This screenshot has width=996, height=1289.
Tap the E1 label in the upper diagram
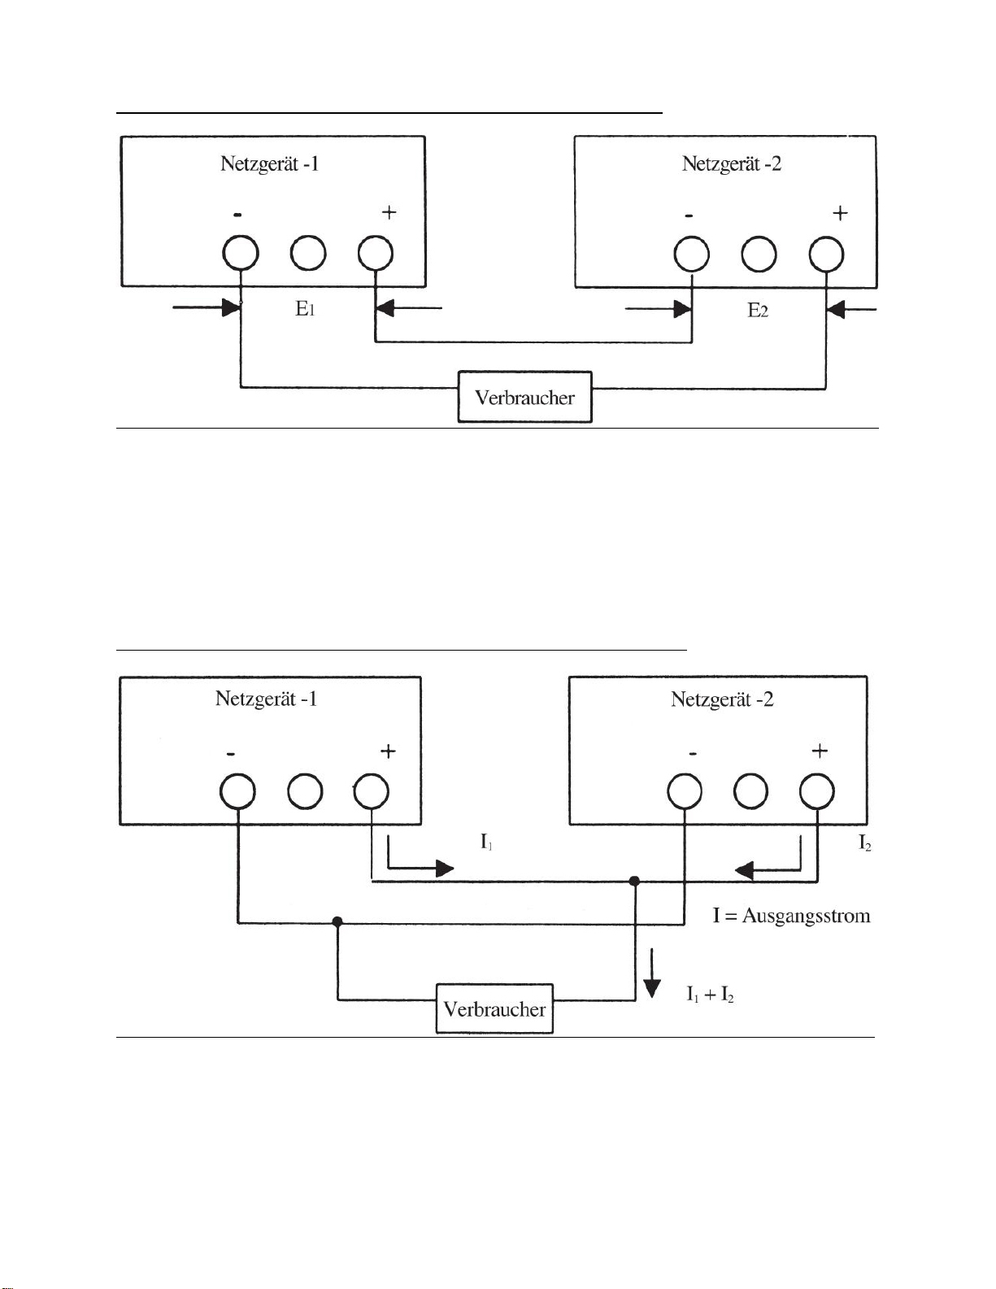[x=305, y=310]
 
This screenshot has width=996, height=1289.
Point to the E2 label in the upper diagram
[x=758, y=310]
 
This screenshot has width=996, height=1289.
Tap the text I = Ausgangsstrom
[x=791, y=916]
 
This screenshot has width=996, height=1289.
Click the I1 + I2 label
[x=711, y=995]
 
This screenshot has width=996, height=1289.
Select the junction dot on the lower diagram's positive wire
[x=634, y=881]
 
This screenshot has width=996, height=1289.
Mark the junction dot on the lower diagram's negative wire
[x=337, y=921]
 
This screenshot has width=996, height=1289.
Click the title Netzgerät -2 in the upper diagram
[x=732, y=163]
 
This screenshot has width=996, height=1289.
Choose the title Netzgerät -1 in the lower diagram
[x=266, y=699]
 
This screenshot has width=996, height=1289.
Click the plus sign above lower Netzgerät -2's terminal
[x=820, y=751]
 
